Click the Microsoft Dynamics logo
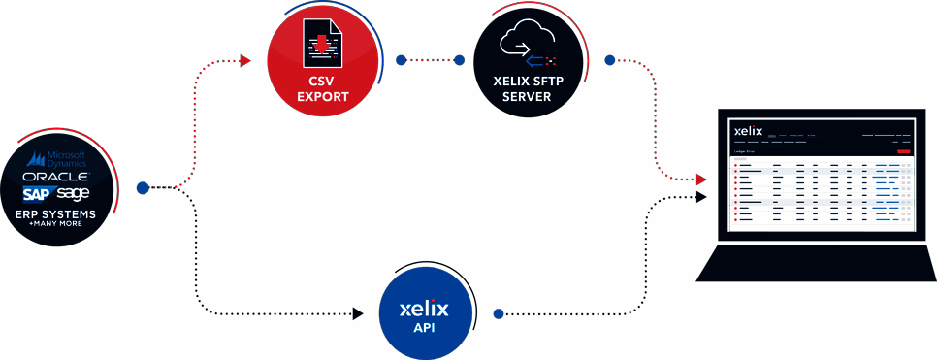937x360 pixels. tap(61, 159)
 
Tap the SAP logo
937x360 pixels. tap(43, 194)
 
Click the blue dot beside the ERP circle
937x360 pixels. tap(143, 188)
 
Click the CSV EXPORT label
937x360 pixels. tap(322, 90)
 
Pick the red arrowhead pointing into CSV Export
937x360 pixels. tap(245, 61)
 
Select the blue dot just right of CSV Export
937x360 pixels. tap(401, 60)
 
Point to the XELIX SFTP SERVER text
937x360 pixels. tap(529, 90)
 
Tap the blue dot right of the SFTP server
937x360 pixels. tap(610, 60)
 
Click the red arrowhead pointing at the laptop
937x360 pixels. tap(701, 180)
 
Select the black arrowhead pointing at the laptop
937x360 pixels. tap(701, 197)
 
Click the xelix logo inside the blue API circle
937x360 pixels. tap(424, 311)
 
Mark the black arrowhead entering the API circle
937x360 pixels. tap(357, 314)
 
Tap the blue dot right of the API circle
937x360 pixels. tap(499, 314)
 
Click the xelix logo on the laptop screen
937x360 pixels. tap(749, 129)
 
